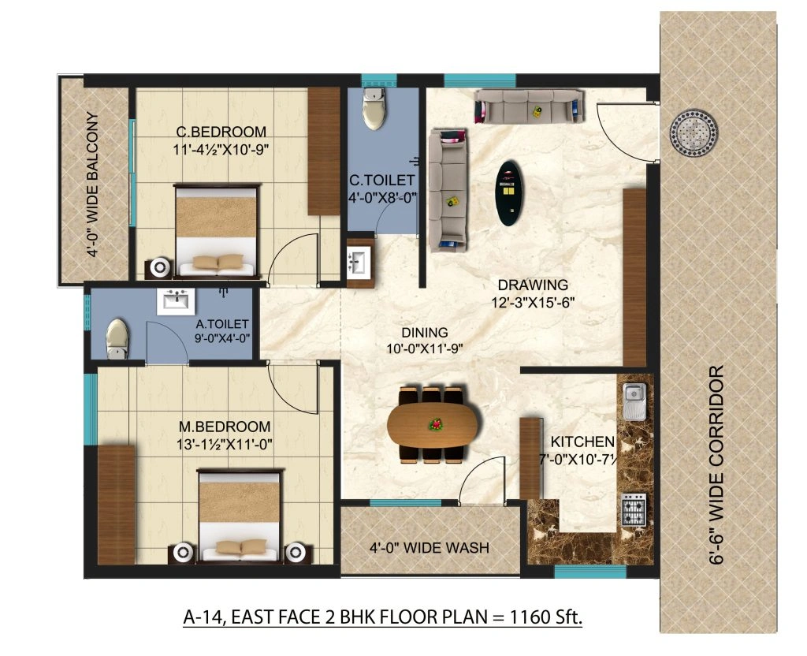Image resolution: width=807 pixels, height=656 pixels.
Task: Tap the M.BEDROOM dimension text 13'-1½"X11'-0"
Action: click(x=225, y=444)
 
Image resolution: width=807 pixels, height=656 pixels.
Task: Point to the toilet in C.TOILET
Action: click(x=373, y=110)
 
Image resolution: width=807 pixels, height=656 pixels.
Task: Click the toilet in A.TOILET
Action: click(x=116, y=337)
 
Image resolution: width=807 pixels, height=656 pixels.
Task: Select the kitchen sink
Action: click(x=634, y=402)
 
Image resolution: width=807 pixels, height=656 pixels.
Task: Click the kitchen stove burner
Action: click(x=634, y=510)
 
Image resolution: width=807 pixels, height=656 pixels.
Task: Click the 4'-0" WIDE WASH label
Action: click(x=430, y=547)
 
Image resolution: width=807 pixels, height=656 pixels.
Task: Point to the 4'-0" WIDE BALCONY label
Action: click(x=93, y=186)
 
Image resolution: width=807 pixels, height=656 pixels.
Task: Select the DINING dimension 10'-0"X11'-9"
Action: click(x=424, y=348)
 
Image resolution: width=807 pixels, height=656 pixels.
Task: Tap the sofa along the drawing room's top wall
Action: click(x=530, y=106)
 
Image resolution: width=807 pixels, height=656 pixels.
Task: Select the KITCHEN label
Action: click(x=582, y=442)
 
